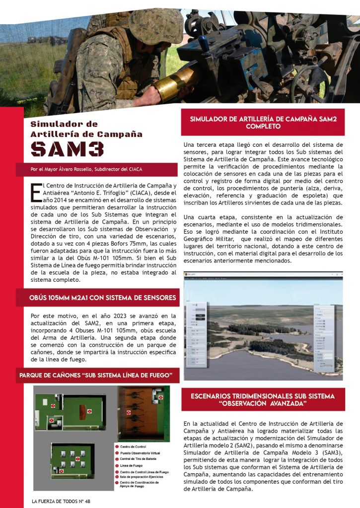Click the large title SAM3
67,148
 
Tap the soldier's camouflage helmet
155,24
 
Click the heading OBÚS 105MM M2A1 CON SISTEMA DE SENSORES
103,298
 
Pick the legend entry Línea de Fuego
131,465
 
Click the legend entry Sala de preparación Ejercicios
144,477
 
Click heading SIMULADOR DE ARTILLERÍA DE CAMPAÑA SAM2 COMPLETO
263,123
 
